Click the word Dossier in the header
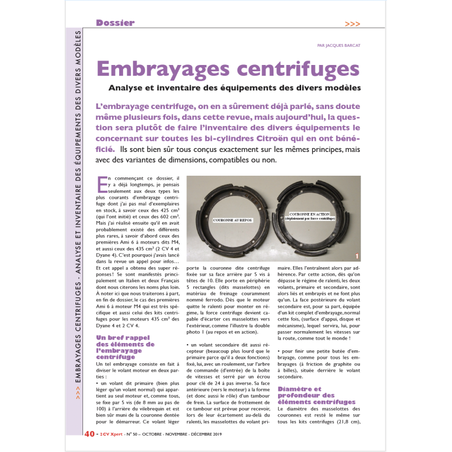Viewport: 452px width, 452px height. (115, 23)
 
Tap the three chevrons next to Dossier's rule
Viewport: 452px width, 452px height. (353, 24)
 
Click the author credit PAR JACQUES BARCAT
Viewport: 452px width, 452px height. (338, 46)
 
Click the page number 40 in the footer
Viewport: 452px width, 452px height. (89, 434)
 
